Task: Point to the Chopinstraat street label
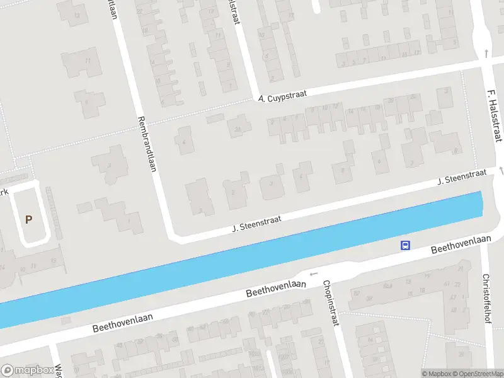point(330,304)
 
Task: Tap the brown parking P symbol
point(28,219)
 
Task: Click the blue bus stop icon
point(406,245)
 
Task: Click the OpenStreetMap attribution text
point(477,374)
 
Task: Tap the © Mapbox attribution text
point(436,374)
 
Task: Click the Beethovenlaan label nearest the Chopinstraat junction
point(276,289)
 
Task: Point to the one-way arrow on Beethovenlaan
point(314,274)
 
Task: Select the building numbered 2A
point(238,130)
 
